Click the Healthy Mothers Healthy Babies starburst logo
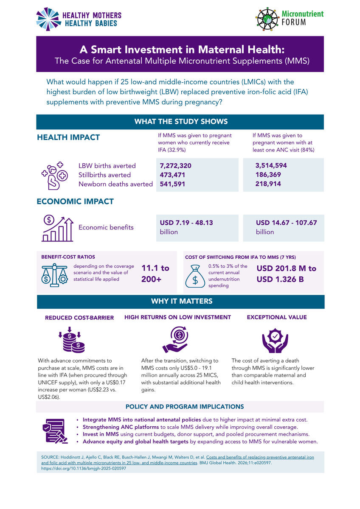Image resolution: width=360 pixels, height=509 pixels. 48,19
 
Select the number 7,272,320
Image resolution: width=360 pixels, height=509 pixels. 176,166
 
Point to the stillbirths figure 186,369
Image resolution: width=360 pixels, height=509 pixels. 268,174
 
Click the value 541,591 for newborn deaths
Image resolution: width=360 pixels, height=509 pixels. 172,184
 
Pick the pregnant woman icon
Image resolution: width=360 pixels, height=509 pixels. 55,176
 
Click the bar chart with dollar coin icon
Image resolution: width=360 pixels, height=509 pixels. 57,228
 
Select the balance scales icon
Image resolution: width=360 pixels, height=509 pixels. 55,275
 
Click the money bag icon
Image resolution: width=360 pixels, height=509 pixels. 195,276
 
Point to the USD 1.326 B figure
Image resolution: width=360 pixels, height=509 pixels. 280,279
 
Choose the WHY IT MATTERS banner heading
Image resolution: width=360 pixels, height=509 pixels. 182,301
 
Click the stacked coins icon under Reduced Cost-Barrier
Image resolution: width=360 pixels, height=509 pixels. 72,339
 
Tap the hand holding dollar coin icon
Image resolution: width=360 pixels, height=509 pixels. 175,339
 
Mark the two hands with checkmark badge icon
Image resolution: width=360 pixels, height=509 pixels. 275,340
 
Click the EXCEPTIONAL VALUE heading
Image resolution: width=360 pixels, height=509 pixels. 277,317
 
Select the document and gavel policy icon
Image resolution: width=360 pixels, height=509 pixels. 55,431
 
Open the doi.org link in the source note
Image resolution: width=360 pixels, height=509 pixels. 84,468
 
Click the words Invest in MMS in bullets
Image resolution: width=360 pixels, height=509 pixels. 101,434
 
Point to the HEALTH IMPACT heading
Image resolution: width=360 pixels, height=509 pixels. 68,137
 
